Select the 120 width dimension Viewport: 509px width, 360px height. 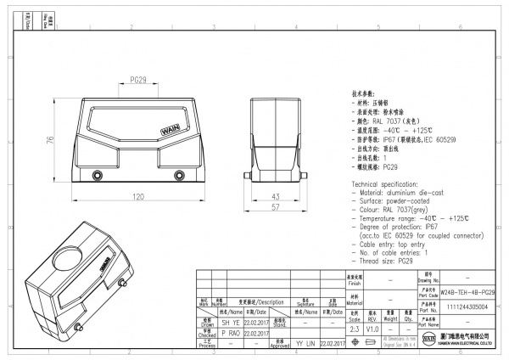[x=137, y=197]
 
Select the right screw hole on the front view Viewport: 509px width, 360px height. [x=177, y=177]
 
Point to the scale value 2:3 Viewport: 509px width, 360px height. [x=354, y=328]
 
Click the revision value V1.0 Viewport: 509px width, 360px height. [x=372, y=328]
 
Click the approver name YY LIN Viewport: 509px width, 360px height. [x=305, y=344]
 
